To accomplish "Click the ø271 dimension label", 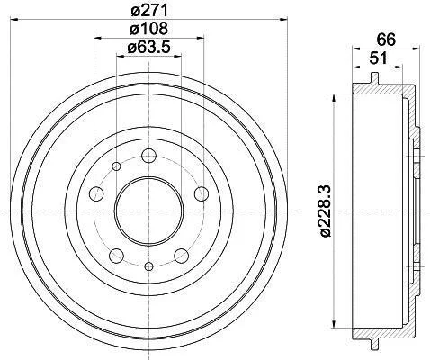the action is [x=149, y=12].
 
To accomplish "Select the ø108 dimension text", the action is [x=149, y=29].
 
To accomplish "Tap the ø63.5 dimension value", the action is [x=149, y=47].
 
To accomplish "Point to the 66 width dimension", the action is [x=386, y=40].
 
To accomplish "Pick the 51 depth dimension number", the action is [x=379, y=58].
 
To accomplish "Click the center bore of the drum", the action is [x=149, y=211].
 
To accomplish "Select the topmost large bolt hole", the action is [x=149, y=156].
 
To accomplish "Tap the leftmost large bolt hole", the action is [x=96, y=193].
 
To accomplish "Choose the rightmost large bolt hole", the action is [x=202, y=193].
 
